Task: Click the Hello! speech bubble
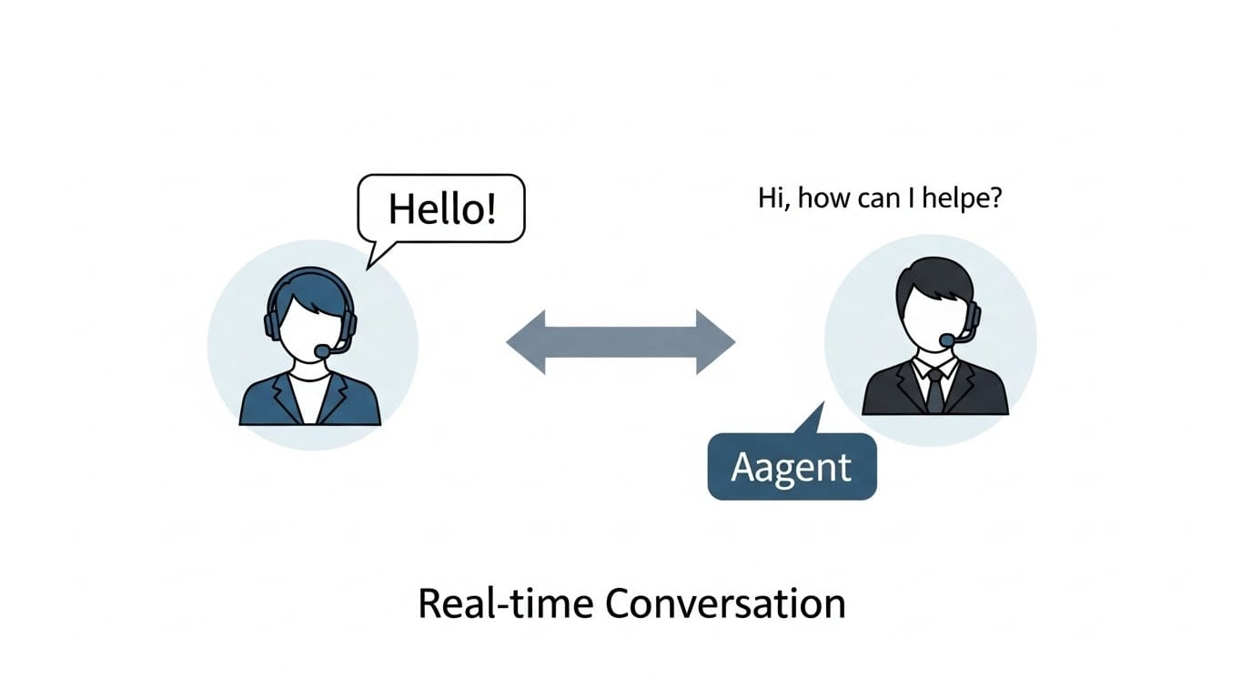point(442,208)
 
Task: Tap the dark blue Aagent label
point(792,467)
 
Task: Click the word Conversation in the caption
point(724,603)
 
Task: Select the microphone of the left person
point(323,350)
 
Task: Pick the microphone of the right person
point(947,340)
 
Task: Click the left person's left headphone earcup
point(271,324)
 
